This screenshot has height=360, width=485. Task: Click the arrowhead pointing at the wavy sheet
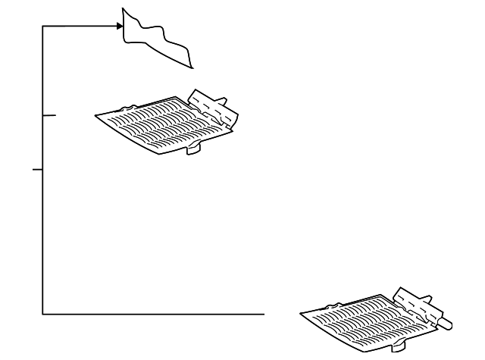point(120,27)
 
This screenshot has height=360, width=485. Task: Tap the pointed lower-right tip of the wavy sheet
point(190,68)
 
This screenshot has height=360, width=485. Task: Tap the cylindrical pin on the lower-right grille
point(446,322)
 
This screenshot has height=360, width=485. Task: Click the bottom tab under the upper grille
point(194,149)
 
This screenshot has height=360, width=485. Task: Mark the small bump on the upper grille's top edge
point(131,107)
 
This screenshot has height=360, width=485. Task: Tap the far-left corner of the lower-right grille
point(301,313)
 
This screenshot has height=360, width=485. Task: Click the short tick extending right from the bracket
point(50,116)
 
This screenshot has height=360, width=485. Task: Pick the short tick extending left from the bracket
point(36,170)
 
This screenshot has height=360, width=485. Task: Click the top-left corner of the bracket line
point(42,27)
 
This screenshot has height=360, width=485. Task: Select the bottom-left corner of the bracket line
point(42,312)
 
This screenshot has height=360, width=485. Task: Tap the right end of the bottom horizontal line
point(263,312)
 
